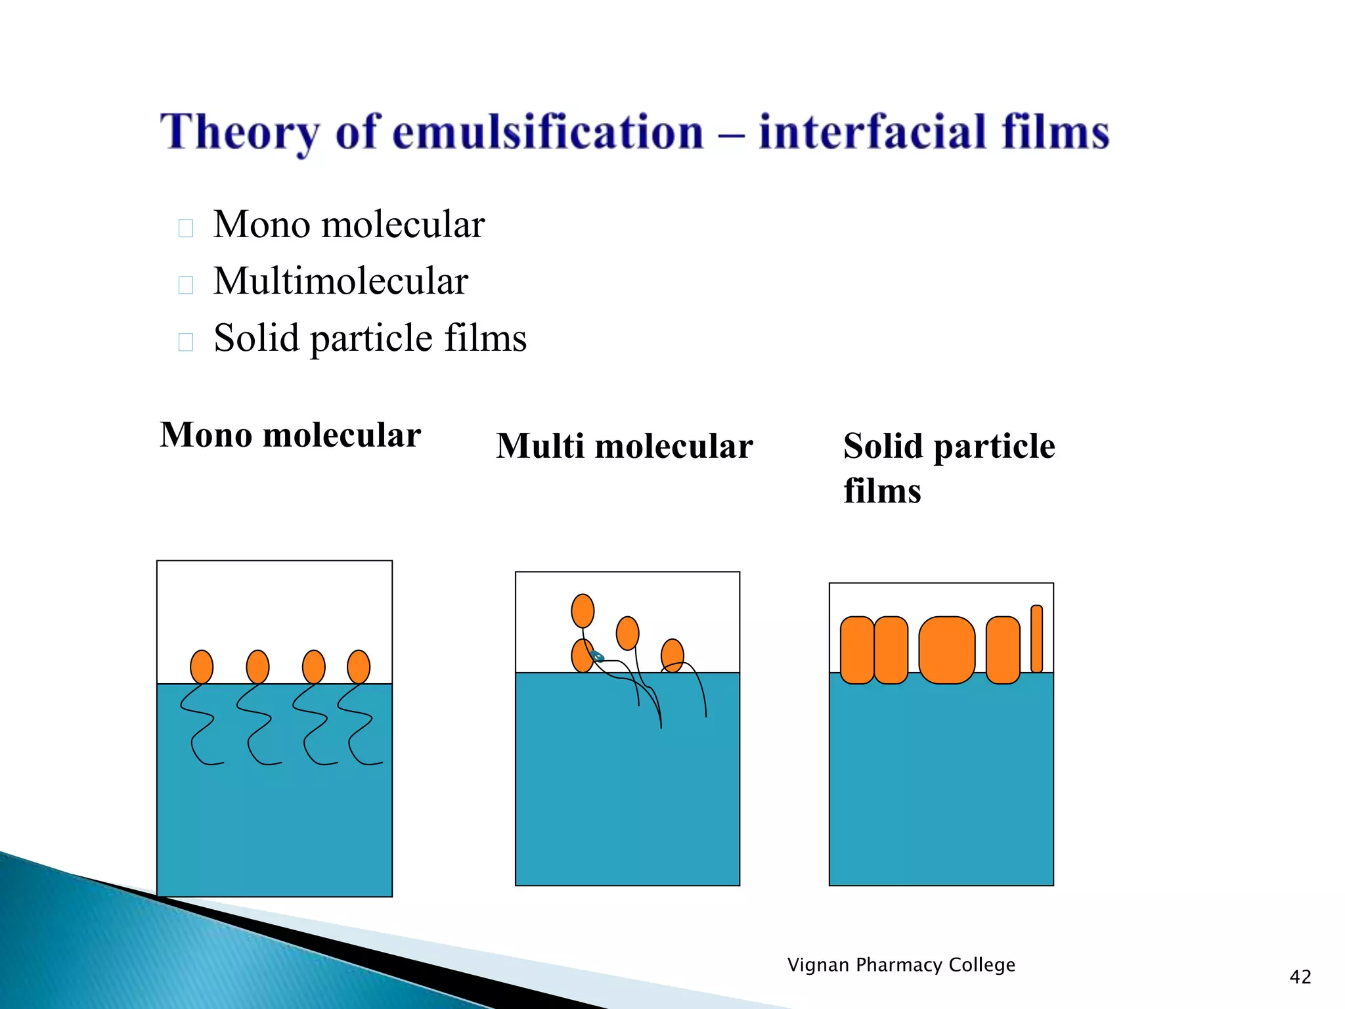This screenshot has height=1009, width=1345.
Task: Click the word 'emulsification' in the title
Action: (x=548, y=132)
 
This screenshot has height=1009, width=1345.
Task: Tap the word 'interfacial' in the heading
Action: (x=873, y=132)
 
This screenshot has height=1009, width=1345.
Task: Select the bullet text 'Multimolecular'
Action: (x=340, y=281)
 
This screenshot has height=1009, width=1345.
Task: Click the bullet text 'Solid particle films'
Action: (x=370, y=338)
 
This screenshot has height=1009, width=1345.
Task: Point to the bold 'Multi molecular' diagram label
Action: (x=624, y=447)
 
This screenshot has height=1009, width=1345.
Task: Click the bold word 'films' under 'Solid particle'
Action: (x=882, y=491)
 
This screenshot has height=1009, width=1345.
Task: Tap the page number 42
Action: (x=1300, y=977)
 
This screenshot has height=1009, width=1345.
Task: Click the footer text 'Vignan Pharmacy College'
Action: (x=901, y=964)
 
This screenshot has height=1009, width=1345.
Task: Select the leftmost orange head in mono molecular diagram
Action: (x=202, y=667)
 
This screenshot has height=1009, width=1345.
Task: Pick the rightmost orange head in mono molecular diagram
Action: (x=359, y=667)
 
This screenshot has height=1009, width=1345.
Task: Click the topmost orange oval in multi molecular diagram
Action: (x=583, y=610)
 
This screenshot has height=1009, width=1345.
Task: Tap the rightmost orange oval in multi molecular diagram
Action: (x=672, y=655)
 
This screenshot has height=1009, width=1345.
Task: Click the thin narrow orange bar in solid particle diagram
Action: (x=1036, y=639)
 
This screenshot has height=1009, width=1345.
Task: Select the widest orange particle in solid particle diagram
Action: (x=946, y=650)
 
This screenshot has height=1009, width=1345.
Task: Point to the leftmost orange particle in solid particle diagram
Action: (x=857, y=650)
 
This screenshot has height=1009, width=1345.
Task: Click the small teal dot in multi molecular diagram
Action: (x=597, y=656)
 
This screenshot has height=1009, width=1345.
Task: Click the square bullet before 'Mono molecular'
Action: (x=186, y=228)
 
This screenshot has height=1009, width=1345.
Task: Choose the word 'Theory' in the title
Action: (x=240, y=133)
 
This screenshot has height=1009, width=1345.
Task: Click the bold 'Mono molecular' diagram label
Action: (x=290, y=435)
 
